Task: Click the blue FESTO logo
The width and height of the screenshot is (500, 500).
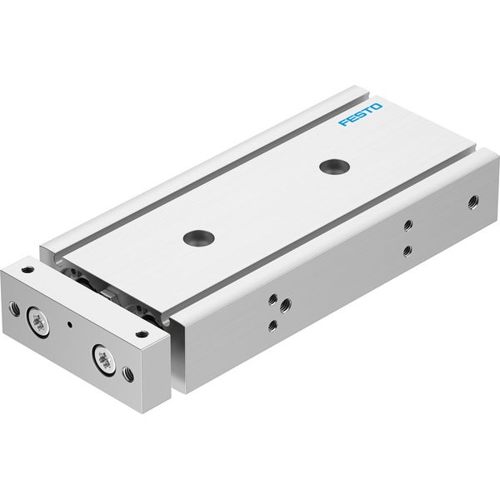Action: click(x=360, y=114)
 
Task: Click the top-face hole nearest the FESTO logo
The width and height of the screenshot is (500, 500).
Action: click(x=334, y=167)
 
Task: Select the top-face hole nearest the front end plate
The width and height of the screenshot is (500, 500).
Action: click(x=198, y=237)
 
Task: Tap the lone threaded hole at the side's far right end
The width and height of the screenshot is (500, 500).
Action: click(x=473, y=202)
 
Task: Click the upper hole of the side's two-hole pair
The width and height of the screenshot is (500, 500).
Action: click(x=407, y=225)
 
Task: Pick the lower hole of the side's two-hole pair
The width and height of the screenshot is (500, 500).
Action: click(x=407, y=252)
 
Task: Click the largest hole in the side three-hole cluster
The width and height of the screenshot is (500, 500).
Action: click(x=285, y=306)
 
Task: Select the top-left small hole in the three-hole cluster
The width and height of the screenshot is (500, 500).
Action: click(x=272, y=300)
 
